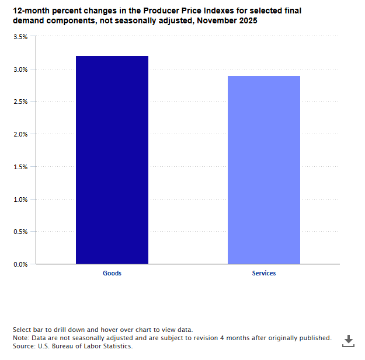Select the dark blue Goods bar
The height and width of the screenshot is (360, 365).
point(112,160)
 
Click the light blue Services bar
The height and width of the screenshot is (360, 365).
point(264,170)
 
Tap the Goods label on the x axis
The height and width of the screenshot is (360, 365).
point(112,273)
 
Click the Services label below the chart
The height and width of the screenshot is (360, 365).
point(264,273)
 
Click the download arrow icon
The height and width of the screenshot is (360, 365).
point(348,341)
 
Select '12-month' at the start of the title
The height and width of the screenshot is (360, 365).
point(29,11)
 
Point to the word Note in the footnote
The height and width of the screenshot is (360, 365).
point(20,338)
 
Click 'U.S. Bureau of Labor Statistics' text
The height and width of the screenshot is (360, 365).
point(85,346)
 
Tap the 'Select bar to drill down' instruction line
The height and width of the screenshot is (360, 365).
point(102,330)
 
